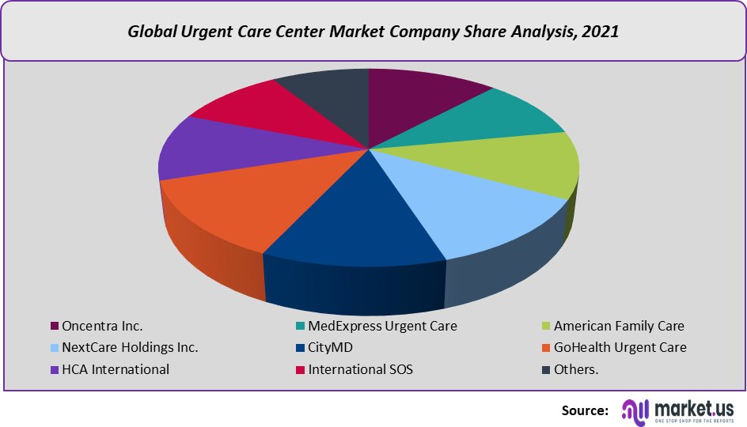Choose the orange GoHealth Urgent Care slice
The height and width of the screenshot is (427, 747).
237,206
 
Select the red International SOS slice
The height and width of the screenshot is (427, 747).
253,111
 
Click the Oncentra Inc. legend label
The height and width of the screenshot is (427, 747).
102,326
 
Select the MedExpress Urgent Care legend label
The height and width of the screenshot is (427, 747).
382,326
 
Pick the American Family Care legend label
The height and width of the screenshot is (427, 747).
618,326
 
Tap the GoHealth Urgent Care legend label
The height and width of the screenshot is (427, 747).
620,347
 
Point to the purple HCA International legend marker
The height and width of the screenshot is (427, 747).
55,369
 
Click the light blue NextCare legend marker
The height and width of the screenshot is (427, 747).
55,348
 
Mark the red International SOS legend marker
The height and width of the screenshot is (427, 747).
301,369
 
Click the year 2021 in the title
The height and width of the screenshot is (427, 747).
601,32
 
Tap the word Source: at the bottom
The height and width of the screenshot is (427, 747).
585,410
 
